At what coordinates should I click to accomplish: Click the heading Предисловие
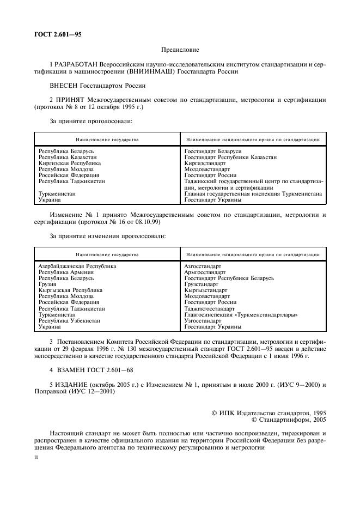[x=180, y=49]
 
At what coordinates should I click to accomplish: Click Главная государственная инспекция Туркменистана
[x=253, y=193]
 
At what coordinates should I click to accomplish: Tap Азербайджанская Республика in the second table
[x=77, y=266]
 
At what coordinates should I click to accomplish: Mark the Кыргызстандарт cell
[x=205, y=290]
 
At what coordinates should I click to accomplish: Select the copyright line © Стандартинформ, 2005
[x=288, y=420]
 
